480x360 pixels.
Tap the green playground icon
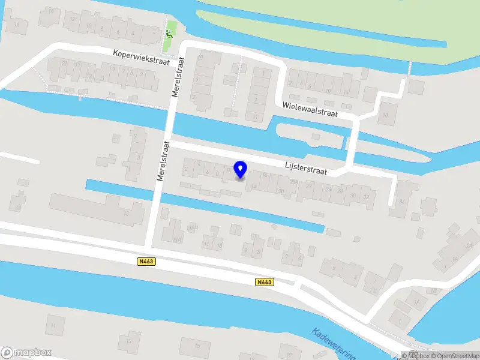coord(169,34)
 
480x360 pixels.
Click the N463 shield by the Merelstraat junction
coord(145,261)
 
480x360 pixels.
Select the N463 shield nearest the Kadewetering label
coord(264,282)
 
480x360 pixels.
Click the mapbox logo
coord(26,352)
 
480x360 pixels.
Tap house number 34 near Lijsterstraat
coord(401,200)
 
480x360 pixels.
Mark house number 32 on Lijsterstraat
coord(366,196)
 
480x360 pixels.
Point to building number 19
coord(19,208)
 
